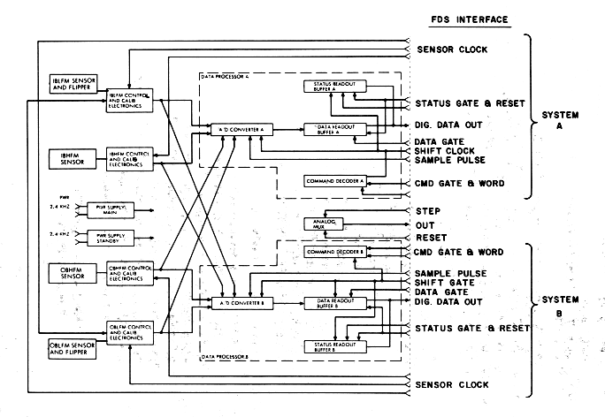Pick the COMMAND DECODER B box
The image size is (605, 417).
334,253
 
